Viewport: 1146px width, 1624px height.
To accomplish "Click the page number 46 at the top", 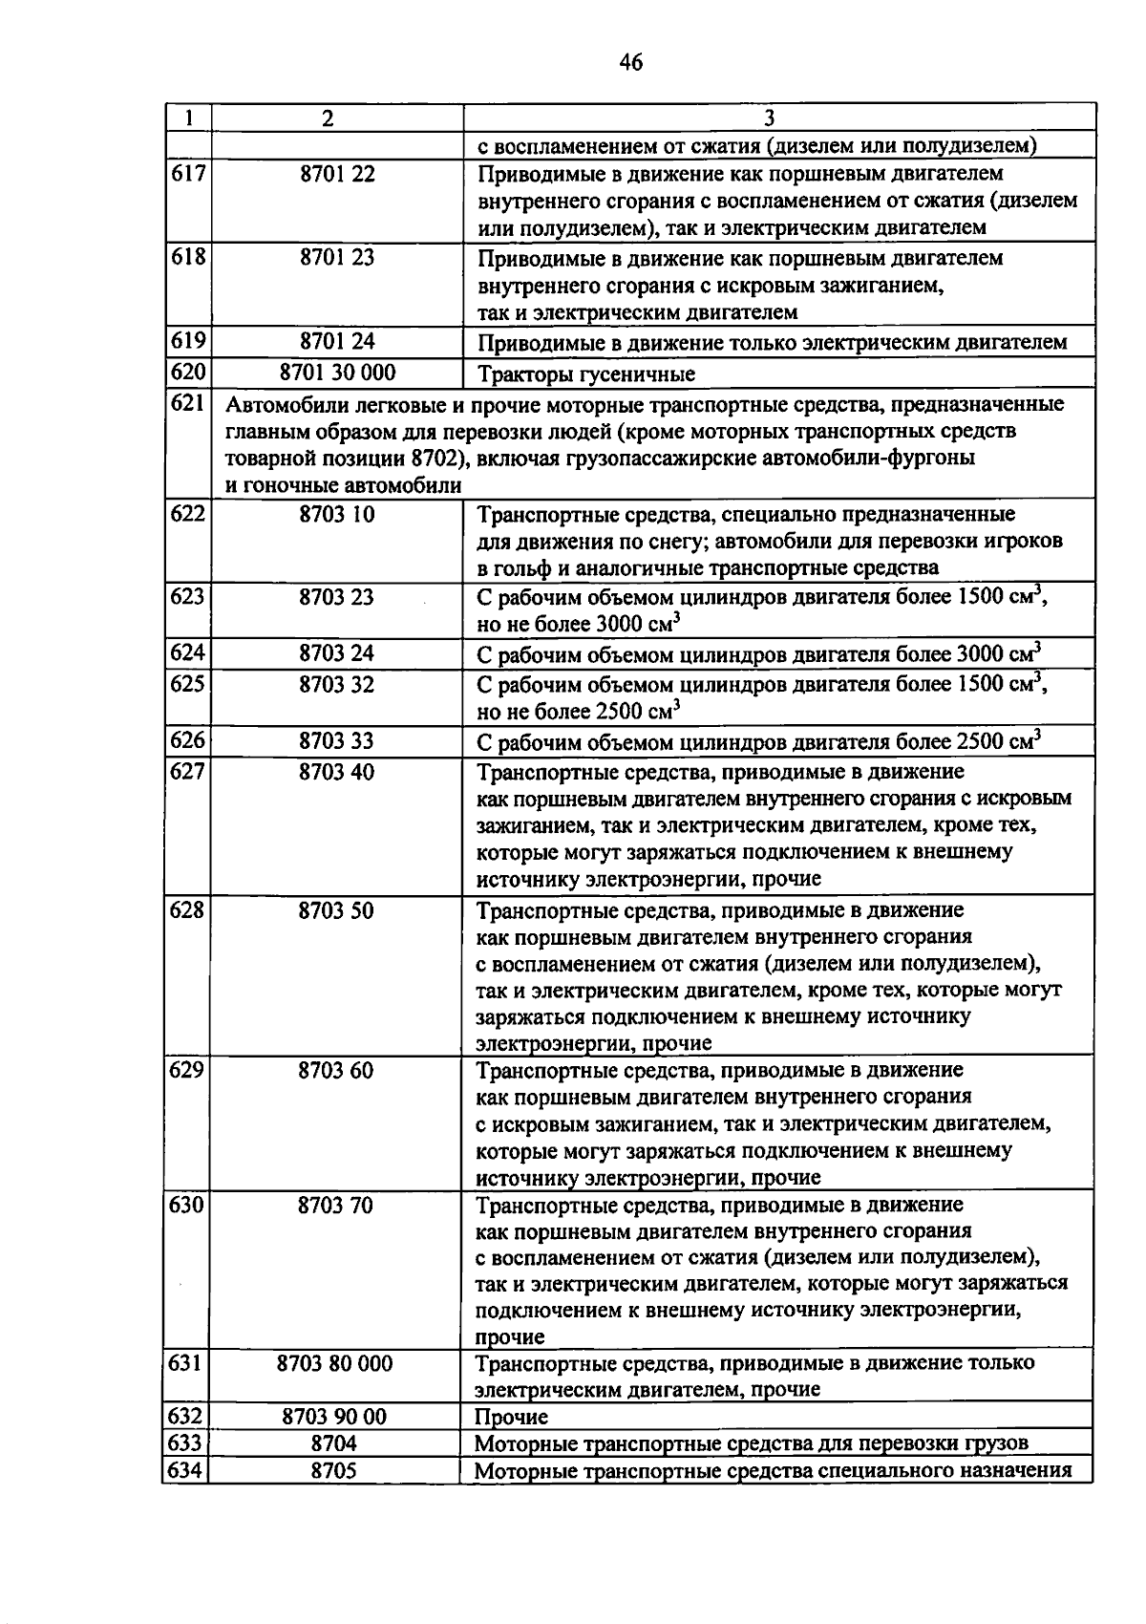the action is pos(631,63).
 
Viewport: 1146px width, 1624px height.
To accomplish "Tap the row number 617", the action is pos(188,174).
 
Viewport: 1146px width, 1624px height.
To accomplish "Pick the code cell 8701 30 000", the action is pos(337,373).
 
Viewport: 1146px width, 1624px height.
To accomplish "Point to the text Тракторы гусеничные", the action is pos(585,374).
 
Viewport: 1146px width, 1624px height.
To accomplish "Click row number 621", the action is pos(188,404).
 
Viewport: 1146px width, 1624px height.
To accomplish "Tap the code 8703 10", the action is pos(337,515).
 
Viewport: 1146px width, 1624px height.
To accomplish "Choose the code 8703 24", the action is pos(337,653).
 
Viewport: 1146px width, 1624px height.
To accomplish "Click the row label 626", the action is pos(188,740).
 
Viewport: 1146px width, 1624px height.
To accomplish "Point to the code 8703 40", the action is pos(337,772).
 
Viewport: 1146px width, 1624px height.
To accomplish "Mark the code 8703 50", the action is pos(337,910).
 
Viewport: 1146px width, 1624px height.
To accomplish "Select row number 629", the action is pos(187,1070).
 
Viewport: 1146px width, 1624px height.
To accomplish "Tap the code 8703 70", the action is pos(336,1206).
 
